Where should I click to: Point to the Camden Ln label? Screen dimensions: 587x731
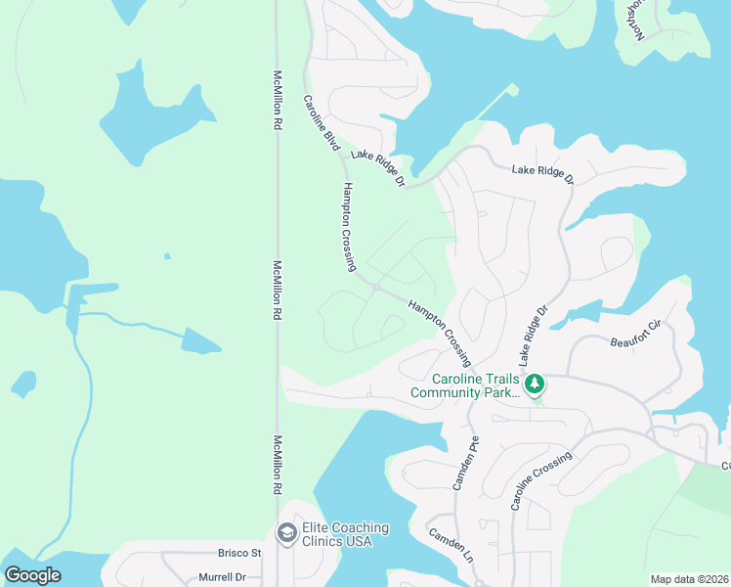click(451, 545)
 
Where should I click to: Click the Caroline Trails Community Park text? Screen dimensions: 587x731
click(464, 385)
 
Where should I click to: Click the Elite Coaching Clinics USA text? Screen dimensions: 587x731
click(345, 534)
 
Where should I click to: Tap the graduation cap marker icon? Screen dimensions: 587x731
click(286, 532)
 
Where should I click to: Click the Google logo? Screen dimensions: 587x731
click(32, 575)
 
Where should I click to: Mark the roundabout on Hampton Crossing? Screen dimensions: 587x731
click(376, 287)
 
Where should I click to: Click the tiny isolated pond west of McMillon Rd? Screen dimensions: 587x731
click(167, 257)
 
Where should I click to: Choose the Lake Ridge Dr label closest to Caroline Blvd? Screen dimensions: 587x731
click(377, 167)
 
